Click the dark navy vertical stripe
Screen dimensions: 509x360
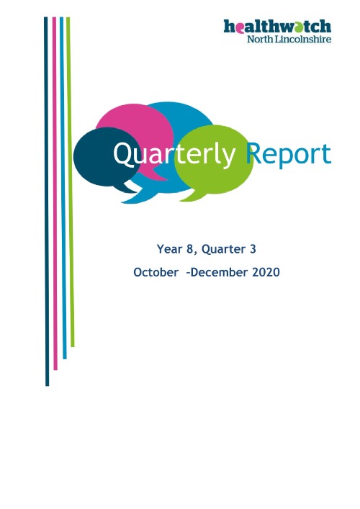click(47, 202)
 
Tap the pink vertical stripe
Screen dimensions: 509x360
click(55, 194)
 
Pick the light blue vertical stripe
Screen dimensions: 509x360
click(63, 187)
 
